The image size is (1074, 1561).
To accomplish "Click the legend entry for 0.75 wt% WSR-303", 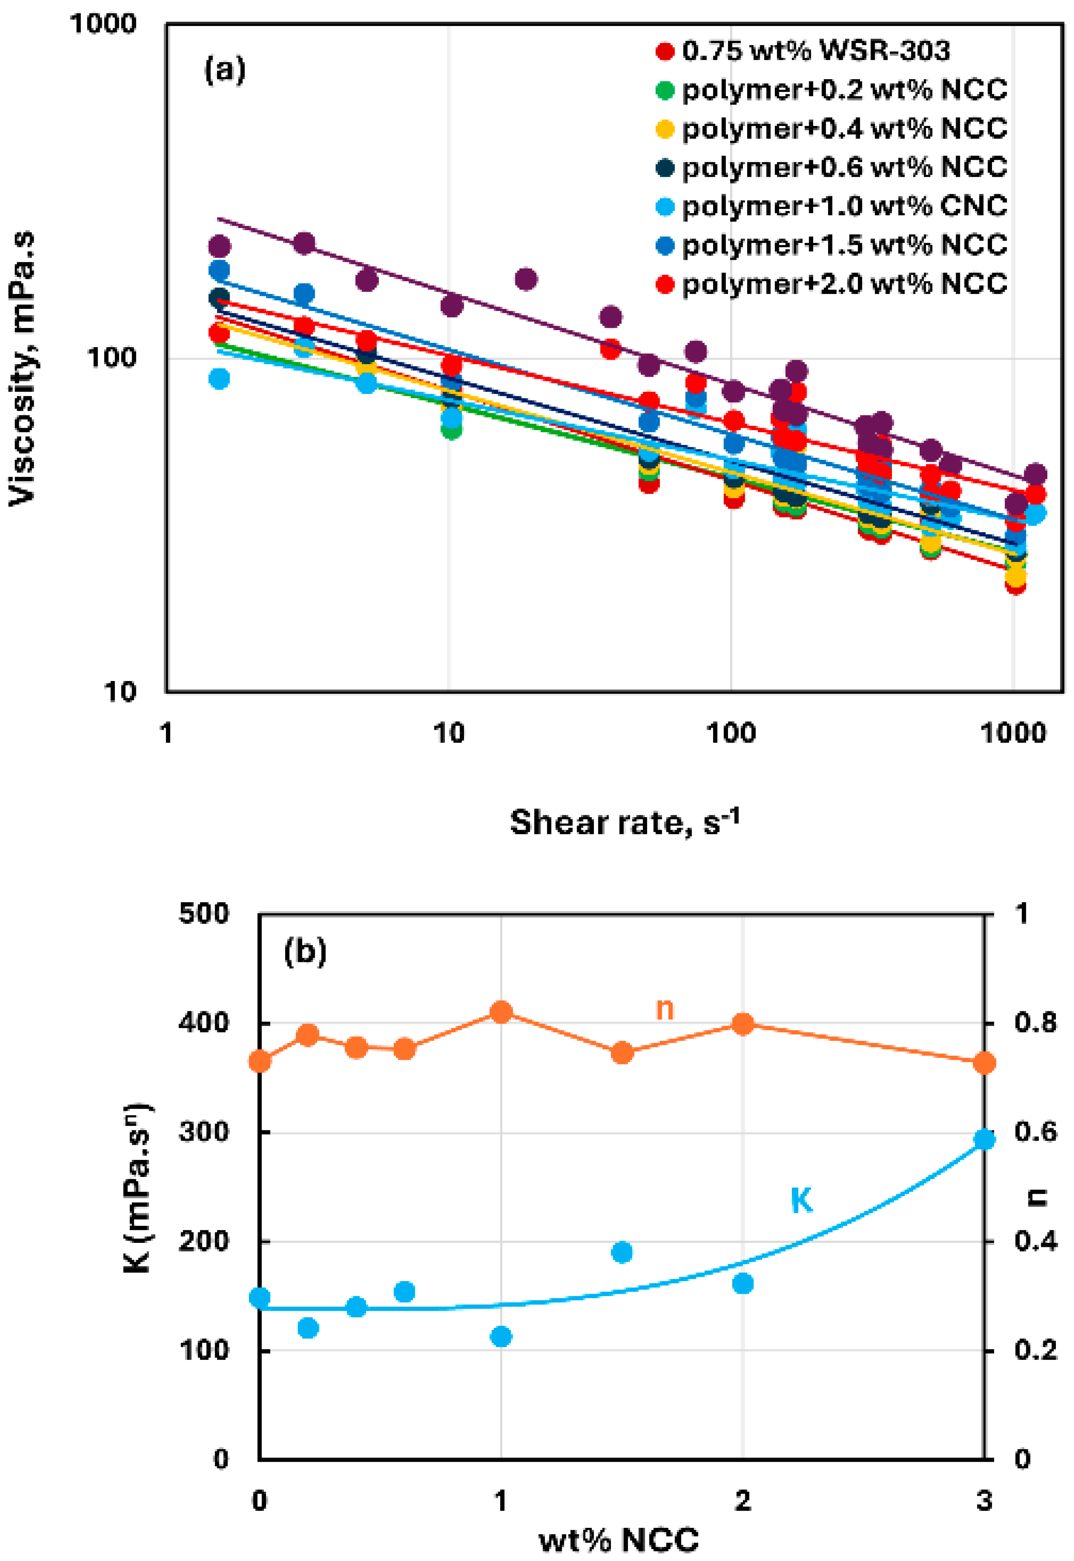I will pyautogui.click(x=815, y=51).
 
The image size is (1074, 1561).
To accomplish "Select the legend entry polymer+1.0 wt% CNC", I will pyautogui.click(x=845, y=206).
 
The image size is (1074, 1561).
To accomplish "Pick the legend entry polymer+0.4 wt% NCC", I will pyautogui.click(x=845, y=128).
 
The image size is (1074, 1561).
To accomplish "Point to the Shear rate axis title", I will pyautogui.click(x=624, y=822).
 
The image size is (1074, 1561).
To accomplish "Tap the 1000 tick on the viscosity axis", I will pyautogui.click(x=103, y=24).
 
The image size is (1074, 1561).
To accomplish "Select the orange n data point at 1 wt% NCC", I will pyautogui.click(x=501, y=1012).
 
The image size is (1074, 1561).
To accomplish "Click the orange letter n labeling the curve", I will pyautogui.click(x=664, y=1009).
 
